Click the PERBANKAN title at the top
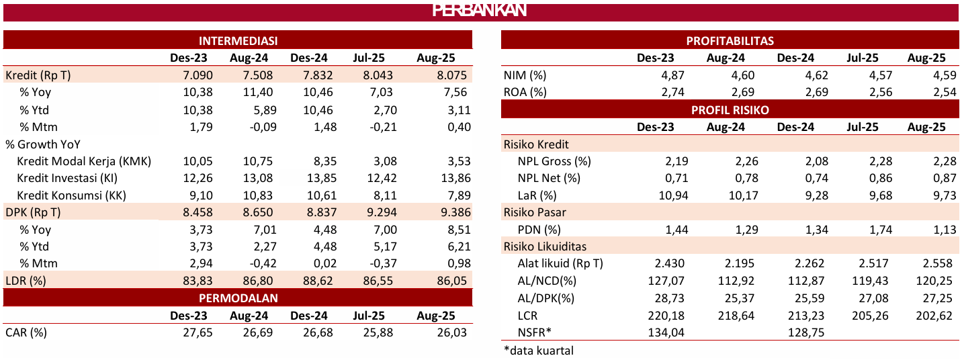click(479, 11)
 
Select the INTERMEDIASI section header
click(238, 41)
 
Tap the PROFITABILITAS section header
click(730, 41)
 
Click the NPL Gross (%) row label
click(554, 161)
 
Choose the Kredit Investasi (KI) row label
click(72, 178)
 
